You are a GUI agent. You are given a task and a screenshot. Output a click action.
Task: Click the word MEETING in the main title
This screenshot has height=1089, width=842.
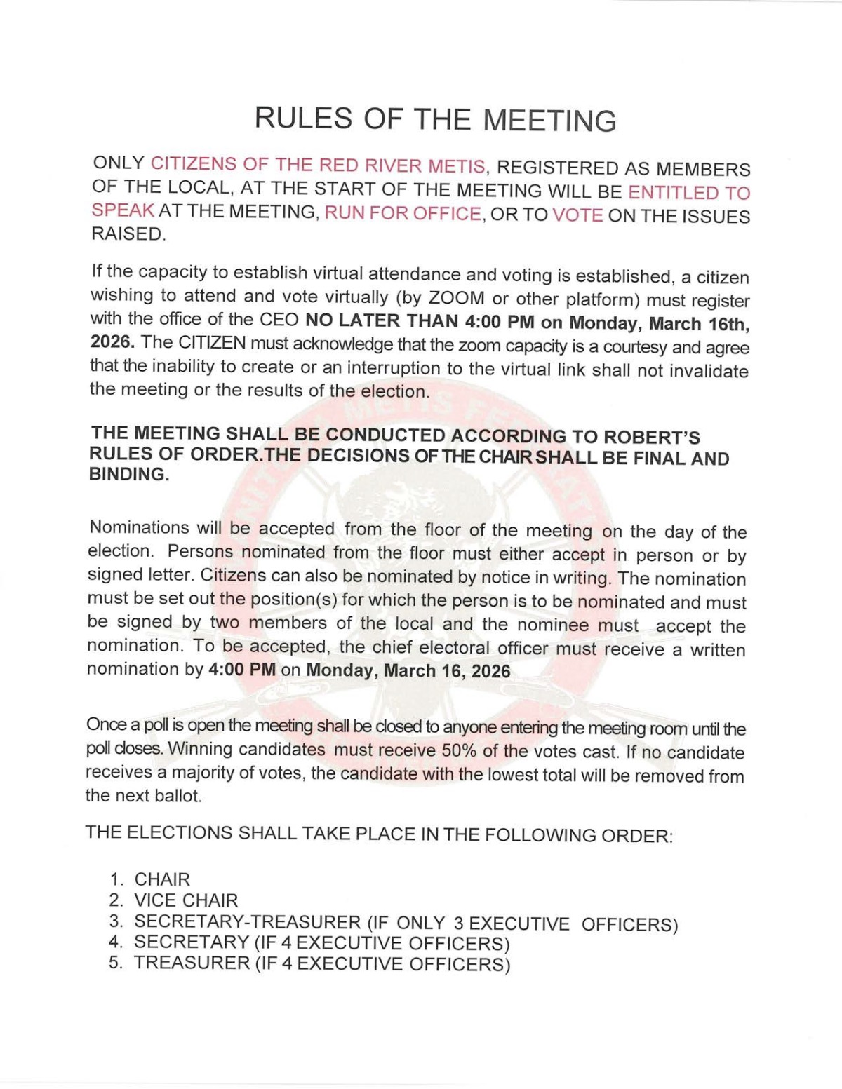549,120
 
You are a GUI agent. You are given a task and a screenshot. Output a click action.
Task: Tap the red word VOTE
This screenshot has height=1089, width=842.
577,215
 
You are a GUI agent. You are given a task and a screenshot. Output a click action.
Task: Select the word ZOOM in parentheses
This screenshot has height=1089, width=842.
455,297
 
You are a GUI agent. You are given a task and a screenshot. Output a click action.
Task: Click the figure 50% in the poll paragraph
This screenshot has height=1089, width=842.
459,750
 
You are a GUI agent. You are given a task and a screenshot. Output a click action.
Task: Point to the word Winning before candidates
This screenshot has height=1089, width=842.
200,748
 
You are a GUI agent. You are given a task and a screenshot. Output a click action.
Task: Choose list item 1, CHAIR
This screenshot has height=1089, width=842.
162,879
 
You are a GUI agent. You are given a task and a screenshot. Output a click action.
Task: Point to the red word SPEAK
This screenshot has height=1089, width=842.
123,210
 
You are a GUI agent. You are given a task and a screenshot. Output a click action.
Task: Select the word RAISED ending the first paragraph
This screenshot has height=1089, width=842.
127,234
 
